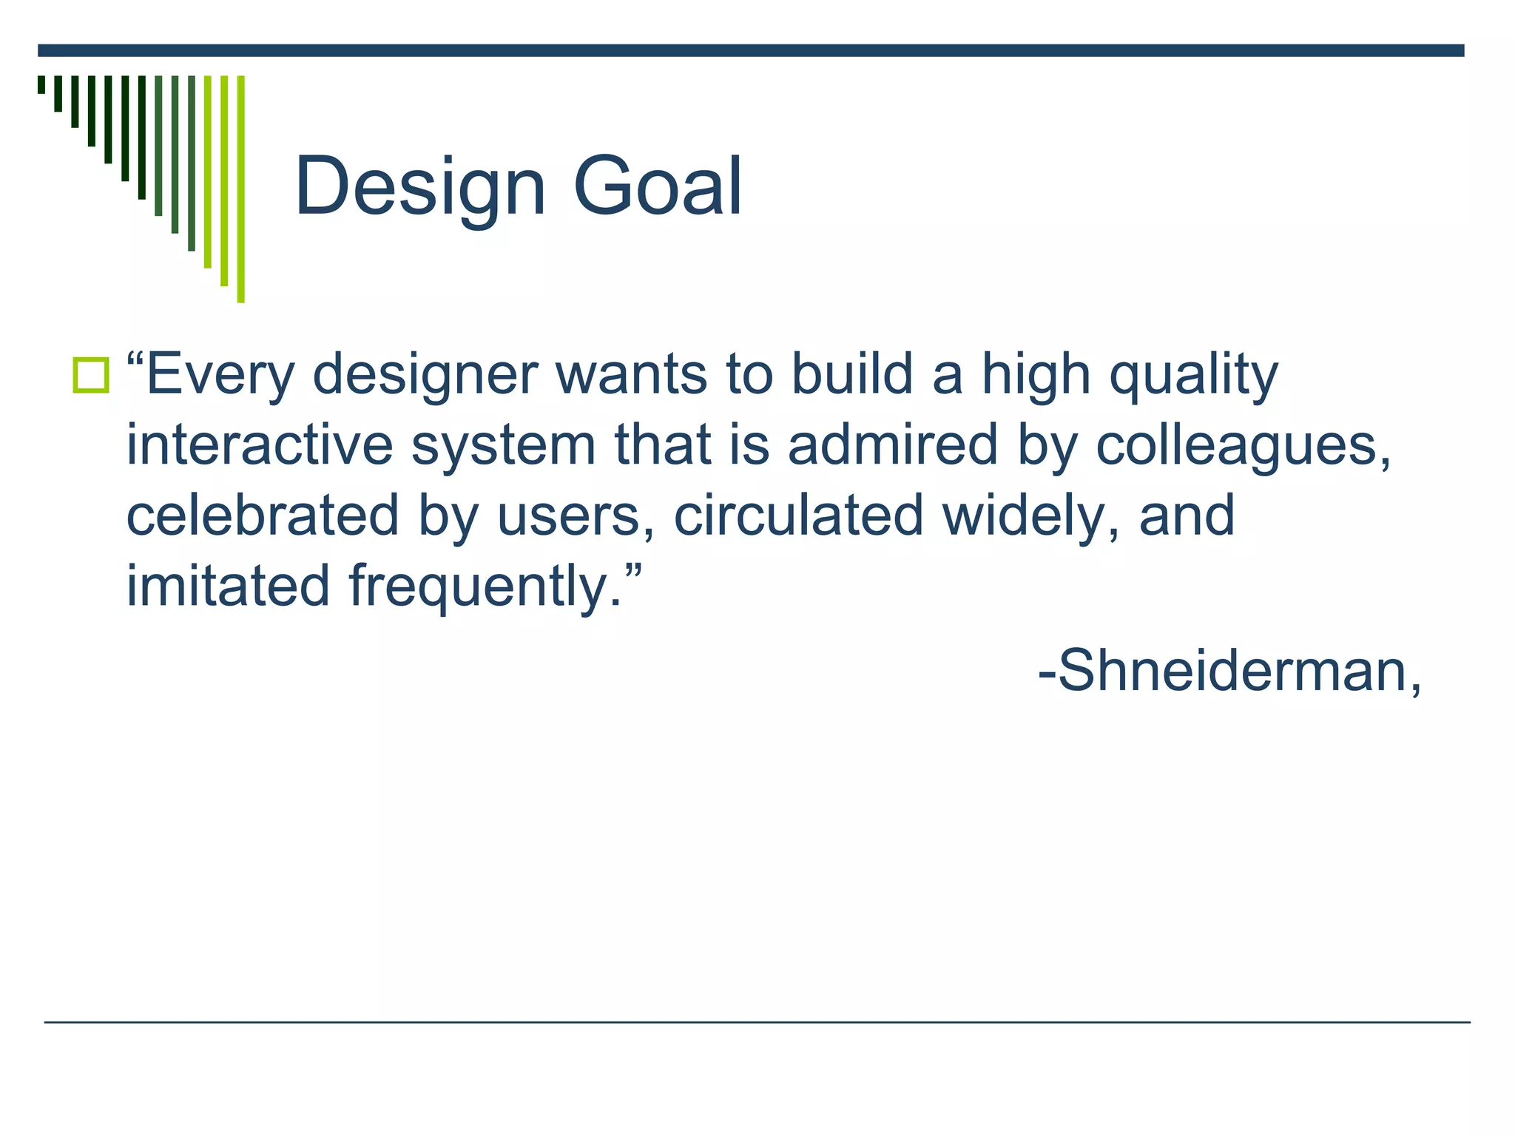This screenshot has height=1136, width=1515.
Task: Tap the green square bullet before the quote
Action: point(91,375)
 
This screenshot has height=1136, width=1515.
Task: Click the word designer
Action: point(425,375)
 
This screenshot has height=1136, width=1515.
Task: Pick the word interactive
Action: point(259,445)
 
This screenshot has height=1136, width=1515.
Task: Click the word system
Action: point(503,445)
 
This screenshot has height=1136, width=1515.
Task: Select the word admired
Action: point(893,445)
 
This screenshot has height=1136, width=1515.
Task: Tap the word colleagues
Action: point(1243,445)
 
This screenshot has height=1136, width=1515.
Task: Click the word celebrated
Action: point(263,515)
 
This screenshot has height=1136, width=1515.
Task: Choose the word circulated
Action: point(798,515)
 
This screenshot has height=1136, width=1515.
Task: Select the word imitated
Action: point(228,586)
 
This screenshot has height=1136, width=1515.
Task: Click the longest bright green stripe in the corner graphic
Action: point(240,189)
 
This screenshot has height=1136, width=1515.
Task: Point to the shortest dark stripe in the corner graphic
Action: point(41,84)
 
